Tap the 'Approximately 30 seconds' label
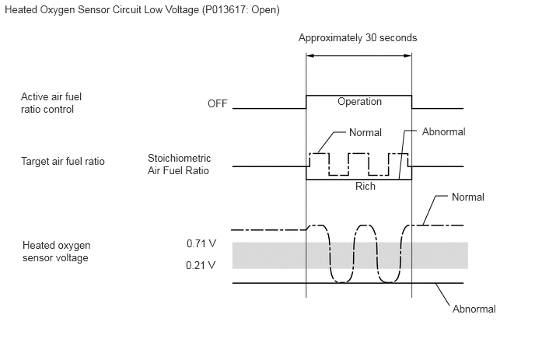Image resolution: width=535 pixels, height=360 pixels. point(358,37)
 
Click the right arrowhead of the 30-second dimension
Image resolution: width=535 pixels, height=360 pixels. point(407,56)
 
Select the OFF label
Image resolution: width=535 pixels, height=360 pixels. point(218,103)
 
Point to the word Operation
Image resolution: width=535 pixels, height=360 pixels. point(359,101)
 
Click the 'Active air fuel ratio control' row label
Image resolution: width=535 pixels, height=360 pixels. point(51,103)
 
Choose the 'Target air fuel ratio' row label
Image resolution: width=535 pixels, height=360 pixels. point(63,161)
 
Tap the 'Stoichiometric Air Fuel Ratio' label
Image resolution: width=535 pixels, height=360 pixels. point(179,164)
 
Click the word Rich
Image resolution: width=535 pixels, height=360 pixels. point(365,187)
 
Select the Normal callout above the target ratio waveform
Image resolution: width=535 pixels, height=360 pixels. point(365,132)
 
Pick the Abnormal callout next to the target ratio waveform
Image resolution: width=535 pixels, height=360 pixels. point(443,131)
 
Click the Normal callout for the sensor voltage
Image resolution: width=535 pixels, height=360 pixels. point(468,197)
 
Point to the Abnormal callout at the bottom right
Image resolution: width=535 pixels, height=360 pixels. point(474,309)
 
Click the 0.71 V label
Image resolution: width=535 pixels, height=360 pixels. point(201,243)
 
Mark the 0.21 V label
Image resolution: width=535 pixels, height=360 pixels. point(201,265)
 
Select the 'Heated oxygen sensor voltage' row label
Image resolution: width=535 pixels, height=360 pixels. point(56,251)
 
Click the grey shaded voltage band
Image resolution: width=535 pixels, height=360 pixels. point(350,255)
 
